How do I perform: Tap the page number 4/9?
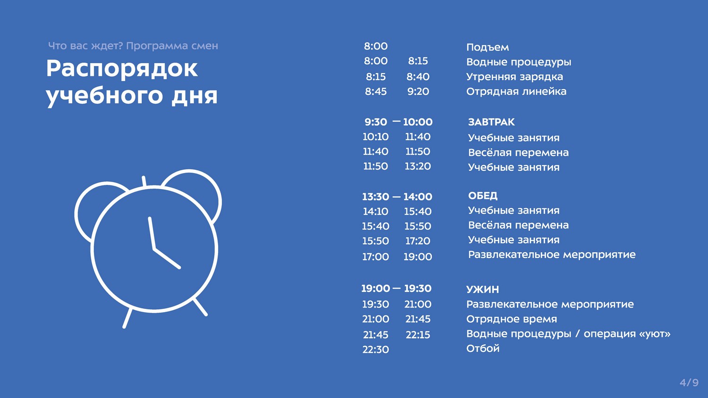pos(689,382)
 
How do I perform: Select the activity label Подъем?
pos(488,47)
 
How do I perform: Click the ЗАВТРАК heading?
pos(491,122)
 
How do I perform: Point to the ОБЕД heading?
pos(483,196)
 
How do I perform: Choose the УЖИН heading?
pos(483,289)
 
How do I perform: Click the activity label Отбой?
pos(483,348)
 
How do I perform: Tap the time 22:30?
pos(376,349)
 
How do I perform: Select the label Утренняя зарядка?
pos(514,77)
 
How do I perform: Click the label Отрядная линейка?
pos(516,91)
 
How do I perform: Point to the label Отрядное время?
pos(511,319)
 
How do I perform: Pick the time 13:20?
pos(418,166)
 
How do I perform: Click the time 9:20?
pos(418,91)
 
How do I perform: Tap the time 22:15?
pos(418,334)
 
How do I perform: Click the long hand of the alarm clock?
pos(152,233)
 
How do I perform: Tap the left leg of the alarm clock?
pos(127,318)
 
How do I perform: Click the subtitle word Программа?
pos(152,46)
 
